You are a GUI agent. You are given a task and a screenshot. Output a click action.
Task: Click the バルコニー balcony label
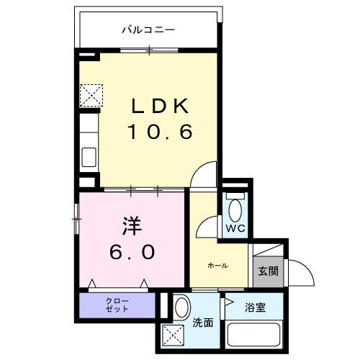[x=148, y=30]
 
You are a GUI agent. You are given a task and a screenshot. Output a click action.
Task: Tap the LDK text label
[x=160, y=107]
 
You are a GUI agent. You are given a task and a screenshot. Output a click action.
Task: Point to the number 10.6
[x=160, y=132]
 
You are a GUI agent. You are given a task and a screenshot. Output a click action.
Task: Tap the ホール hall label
[x=217, y=266]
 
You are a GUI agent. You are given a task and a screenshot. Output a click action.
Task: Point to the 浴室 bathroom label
[x=256, y=308]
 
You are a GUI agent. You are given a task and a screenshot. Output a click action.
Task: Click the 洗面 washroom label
[x=203, y=323]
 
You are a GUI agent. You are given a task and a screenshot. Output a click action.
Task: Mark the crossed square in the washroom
[x=173, y=336]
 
